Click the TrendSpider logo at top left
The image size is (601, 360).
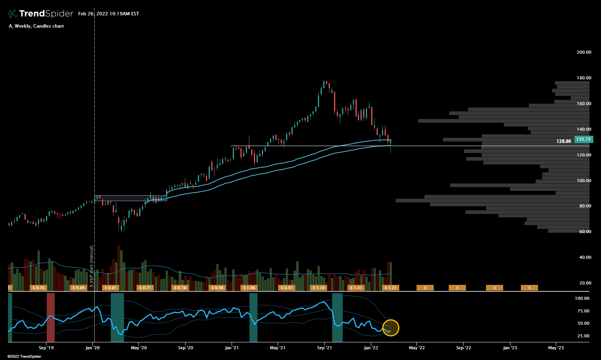pyautogui.click(x=40, y=14)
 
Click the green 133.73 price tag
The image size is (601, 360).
pyautogui.click(x=583, y=139)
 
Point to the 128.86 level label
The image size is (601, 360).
pyautogui.click(x=563, y=141)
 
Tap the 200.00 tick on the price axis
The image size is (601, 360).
pyautogui.click(x=584, y=52)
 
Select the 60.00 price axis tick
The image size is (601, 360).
pyautogui.click(x=585, y=232)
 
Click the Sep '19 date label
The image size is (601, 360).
pyautogui.click(x=46, y=348)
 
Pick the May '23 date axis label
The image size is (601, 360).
pyautogui.click(x=556, y=348)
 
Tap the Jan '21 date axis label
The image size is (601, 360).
pyautogui.click(x=232, y=348)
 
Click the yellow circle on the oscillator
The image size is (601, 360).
pyautogui.click(x=390, y=328)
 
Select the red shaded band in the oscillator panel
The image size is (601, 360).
pyautogui.click(x=51, y=317)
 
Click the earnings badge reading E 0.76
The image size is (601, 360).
pyautogui.click(x=38, y=288)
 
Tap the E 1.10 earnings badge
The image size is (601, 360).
pyautogui.click(x=318, y=288)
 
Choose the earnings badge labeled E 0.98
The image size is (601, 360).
pyautogui.click(x=217, y=288)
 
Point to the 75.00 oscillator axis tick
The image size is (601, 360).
pyautogui.click(x=583, y=311)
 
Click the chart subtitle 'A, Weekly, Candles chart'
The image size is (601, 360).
pyautogui.click(x=36, y=26)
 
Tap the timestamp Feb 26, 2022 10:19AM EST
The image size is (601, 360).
pyautogui.click(x=109, y=14)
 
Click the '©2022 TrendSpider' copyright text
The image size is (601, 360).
pyautogui.click(x=24, y=357)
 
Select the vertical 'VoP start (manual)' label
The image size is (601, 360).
pyautogui.click(x=91, y=266)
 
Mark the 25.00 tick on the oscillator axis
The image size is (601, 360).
pyautogui.click(x=583, y=336)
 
